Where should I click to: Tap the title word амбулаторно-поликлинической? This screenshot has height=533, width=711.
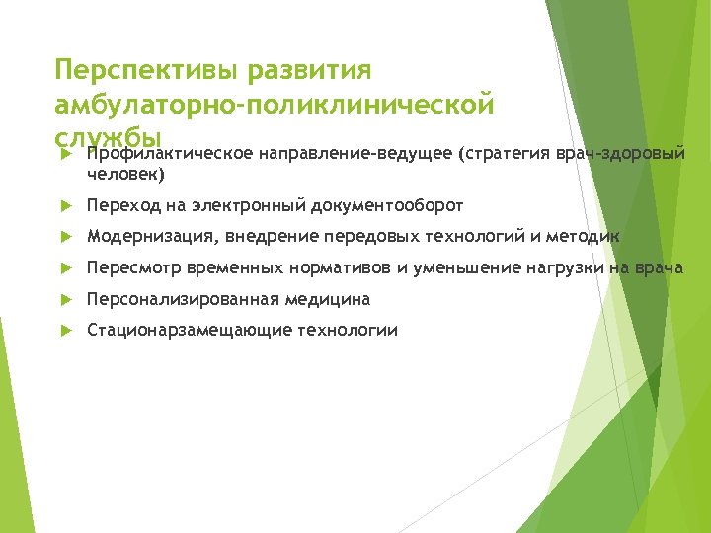[x=274, y=105]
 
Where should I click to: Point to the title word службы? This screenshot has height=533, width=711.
[x=109, y=136]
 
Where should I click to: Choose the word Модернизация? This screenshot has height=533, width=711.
[x=152, y=237]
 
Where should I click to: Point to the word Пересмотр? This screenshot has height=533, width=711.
[x=134, y=267]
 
